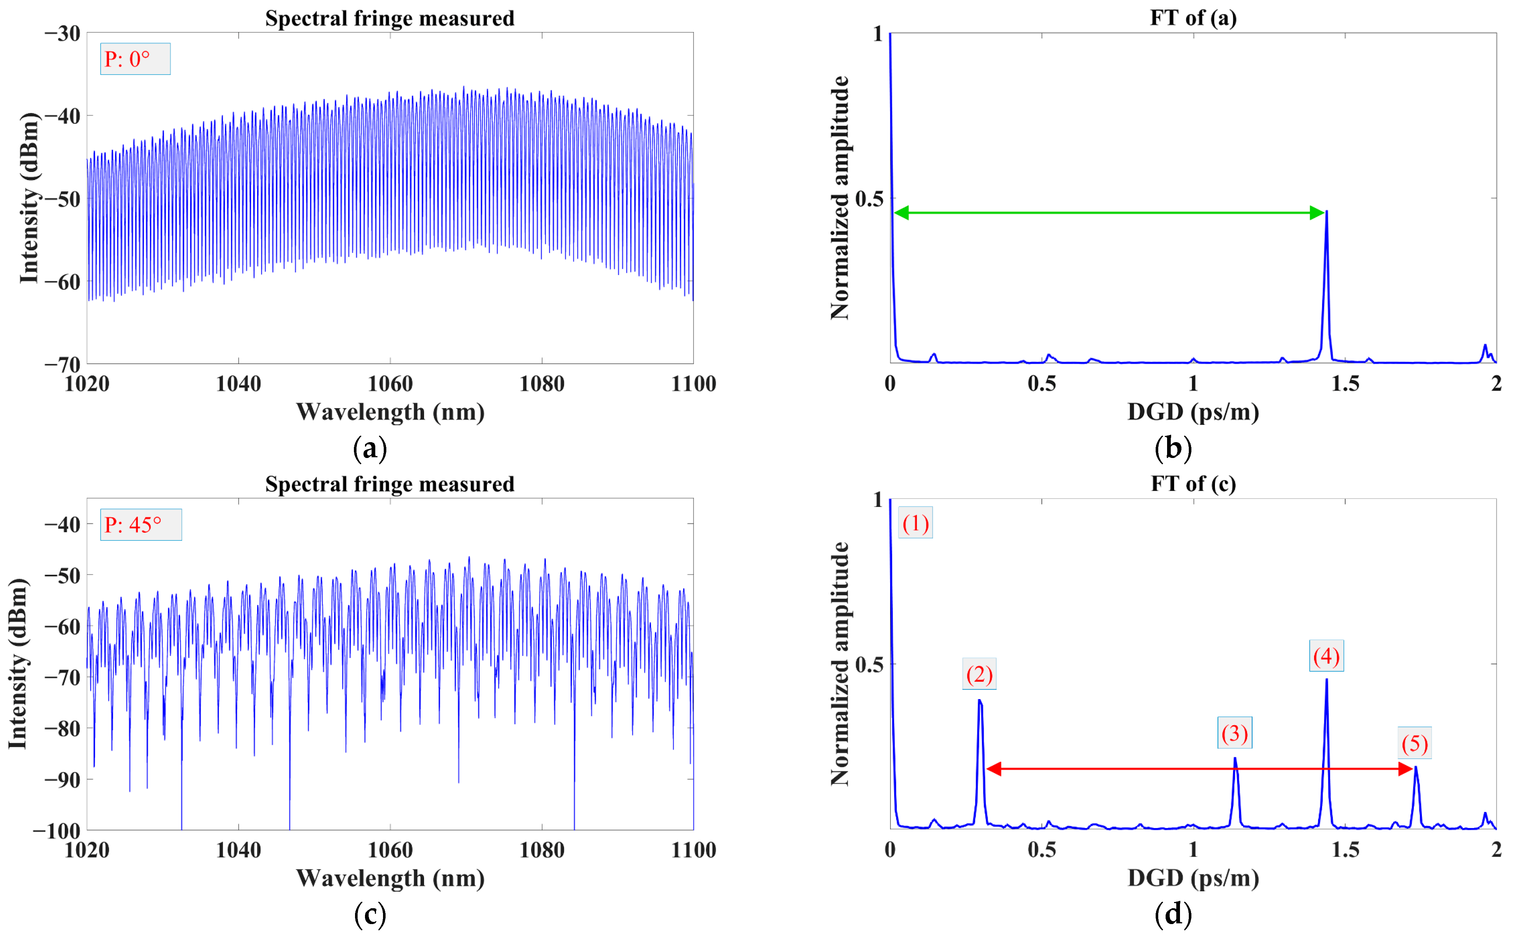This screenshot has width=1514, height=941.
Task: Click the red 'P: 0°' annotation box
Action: pos(135,59)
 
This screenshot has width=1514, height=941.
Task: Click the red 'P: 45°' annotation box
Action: pos(141,525)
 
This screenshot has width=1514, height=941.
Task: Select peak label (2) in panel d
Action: pos(979,674)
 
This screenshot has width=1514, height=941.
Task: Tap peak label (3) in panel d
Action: pos(1234,733)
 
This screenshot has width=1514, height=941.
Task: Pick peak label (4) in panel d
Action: pos(1326,656)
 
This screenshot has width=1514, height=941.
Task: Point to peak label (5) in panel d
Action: pos(1415,743)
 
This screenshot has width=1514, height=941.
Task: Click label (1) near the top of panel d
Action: pos(915,523)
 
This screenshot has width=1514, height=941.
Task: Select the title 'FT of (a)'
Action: pos(1193,17)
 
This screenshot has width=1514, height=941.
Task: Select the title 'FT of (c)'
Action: pos(1193,484)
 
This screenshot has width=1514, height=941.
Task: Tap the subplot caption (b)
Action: pos(1173,448)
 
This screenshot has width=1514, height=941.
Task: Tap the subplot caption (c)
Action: pos(370,914)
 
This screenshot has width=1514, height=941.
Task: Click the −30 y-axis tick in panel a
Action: pos(62,33)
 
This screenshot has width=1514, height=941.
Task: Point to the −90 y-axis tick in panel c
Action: pos(62,779)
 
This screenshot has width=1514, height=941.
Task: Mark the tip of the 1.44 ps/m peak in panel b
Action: pos(1327,212)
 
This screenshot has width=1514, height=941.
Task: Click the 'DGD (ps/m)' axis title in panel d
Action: pos(1193,878)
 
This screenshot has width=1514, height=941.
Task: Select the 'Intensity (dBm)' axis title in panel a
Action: pos(29,198)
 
